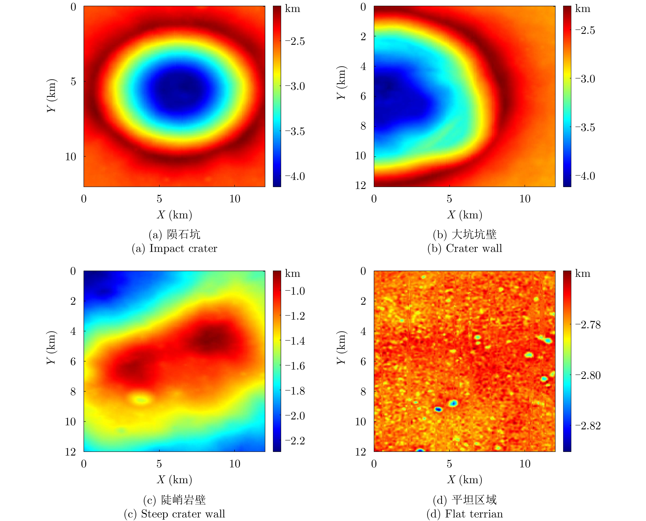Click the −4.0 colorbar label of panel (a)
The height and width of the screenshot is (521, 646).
pyautogui.click(x=295, y=176)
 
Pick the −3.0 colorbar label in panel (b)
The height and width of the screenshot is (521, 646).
pyautogui.click(x=585, y=79)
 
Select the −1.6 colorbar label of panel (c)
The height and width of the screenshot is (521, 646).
pyautogui.click(x=295, y=366)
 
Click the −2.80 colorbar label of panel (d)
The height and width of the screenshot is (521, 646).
pyautogui.click(x=588, y=375)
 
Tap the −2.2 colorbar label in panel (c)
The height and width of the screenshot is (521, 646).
pyautogui.click(x=295, y=441)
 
